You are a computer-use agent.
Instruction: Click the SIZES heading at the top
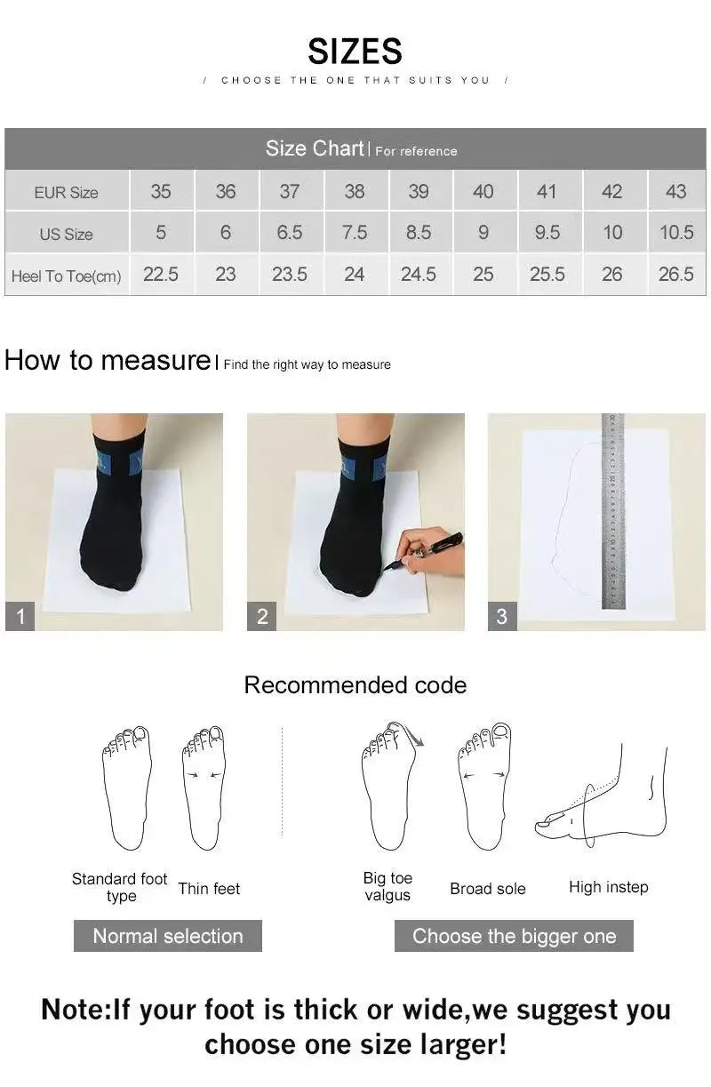click(355, 52)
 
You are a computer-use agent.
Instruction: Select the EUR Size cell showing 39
click(419, 191)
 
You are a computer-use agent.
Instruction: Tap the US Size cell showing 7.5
click(354, 233)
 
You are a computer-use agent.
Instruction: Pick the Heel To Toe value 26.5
click(675, 275)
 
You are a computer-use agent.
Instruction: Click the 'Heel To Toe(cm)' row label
click(67, 276)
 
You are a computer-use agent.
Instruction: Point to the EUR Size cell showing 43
click(675, 191)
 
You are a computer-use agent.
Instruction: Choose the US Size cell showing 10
click(612, 233)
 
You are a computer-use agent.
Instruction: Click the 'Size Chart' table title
click(315, 148)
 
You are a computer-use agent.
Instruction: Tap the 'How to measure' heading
click(107, 361)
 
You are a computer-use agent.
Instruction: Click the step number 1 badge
click(20, 616)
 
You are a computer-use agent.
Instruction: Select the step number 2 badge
click(262, 616)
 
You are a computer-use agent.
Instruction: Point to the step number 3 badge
click(502, 616)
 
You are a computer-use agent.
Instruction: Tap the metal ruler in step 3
click(613, 511)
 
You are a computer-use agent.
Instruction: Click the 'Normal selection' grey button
click(168, 936)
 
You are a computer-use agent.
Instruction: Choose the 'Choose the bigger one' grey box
click(514, 936)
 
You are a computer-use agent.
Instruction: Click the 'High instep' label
click(609, 887)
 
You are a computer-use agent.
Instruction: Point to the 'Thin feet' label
click(209, 889)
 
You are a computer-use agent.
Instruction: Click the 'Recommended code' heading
click(355, 685)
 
